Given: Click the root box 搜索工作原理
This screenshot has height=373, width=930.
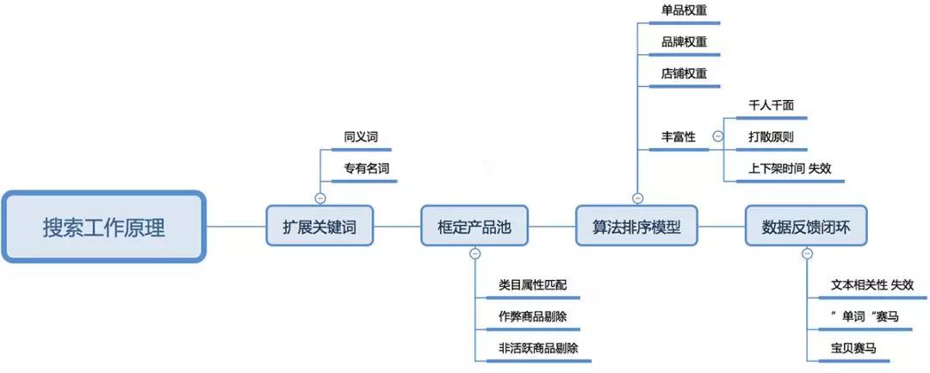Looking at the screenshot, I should (103, 227).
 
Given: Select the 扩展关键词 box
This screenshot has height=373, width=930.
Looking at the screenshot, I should (319, 227).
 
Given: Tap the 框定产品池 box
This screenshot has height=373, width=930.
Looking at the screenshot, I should (474, 227).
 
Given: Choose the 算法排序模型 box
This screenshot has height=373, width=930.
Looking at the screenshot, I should (636, 227).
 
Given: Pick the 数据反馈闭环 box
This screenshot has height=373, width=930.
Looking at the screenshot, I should (806, 227).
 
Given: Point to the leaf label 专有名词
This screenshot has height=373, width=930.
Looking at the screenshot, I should (366, 168).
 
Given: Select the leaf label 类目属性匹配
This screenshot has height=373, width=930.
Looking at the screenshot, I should (533, 284).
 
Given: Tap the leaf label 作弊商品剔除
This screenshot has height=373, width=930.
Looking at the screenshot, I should (533, 316).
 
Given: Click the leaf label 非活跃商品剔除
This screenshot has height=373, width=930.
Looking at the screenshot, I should (538, 348).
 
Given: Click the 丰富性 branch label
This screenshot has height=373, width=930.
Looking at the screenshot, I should (678, 136).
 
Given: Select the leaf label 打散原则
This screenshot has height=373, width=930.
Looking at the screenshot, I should (772, 136).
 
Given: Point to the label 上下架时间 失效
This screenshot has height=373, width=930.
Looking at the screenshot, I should (790, 168).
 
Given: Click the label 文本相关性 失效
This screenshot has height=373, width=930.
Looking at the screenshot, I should (872, 284).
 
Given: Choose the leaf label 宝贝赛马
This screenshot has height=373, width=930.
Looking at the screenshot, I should (853, 348).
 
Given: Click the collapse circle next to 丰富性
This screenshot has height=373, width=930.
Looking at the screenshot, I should (717, 137).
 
